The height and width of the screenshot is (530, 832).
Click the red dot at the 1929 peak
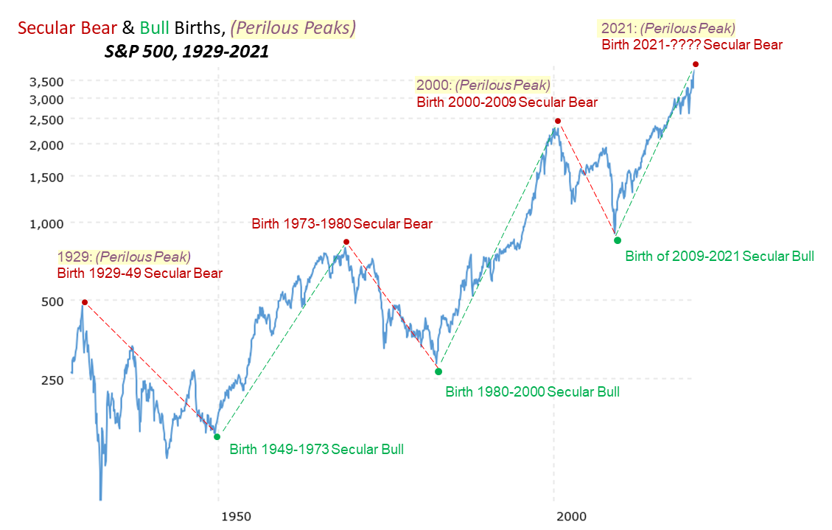[85, 302]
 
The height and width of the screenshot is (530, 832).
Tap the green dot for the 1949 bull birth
[217, 437]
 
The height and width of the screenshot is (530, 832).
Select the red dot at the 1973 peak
[346, 242]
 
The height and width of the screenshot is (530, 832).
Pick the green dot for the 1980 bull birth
[438, 372]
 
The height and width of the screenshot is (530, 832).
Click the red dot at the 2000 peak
[558, 121]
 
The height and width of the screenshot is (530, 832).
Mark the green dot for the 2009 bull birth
[618, 240]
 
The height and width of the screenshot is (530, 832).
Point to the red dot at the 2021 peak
[695, 65]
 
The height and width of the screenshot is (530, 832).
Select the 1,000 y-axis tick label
[47, 223]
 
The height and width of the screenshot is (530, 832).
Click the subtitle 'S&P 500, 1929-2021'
[185, 53]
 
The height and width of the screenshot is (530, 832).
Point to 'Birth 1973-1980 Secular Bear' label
[342, 223]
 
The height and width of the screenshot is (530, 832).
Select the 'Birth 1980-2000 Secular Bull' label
[532, 391]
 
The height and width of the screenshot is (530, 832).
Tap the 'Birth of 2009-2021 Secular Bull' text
[719, 257]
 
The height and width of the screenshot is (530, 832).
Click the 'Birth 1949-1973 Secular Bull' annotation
[317, 449]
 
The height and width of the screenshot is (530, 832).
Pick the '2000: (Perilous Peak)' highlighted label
[483, 85]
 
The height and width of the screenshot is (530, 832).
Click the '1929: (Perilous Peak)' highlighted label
[124, 257]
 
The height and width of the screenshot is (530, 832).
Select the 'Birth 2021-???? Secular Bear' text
[692, 44]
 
